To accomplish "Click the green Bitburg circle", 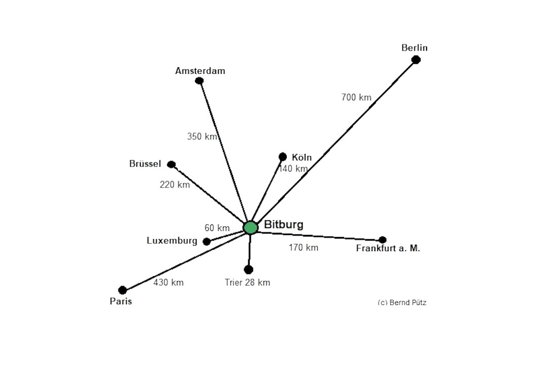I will (x=250, y=227).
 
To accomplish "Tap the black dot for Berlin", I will (x=416, y=60).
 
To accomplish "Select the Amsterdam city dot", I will (x=199, y=81).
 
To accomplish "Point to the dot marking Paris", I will (x=122, y=290).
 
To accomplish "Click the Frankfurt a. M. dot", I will (x=383, y=240).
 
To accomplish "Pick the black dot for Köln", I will (x=283, y=157).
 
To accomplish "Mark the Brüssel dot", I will (x=171, y=164).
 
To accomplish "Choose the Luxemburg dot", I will (x=207, y=242).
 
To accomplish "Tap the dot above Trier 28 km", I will (x=248, y=269).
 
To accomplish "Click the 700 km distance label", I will (x=356, y=97).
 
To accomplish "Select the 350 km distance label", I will (x=202, y=136).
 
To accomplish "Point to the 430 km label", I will (x=168, y=283).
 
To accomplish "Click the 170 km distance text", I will (x=303, y=248).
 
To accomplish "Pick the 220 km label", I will (x=175, y=185).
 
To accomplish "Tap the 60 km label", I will (x=217, y=228).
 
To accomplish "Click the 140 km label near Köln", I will (x=293, y=169).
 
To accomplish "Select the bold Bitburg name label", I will (x=284, y=224).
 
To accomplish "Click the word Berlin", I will (x=414, y=48).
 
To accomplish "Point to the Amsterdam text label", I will (x=200, y=71).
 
